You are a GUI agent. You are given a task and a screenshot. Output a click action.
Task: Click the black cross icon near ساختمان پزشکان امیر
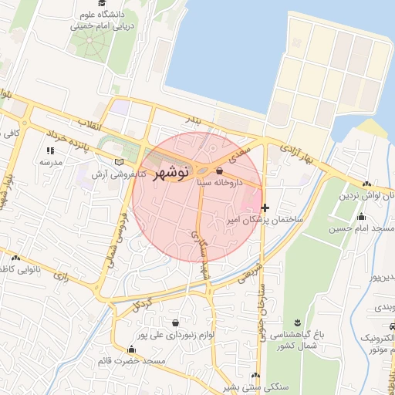point(266,207)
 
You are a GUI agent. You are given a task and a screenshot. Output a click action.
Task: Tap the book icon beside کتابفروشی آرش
point(118,162)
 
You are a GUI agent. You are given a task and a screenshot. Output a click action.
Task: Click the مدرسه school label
point(51,164)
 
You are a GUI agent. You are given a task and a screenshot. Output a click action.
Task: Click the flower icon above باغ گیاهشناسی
point(297,321)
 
